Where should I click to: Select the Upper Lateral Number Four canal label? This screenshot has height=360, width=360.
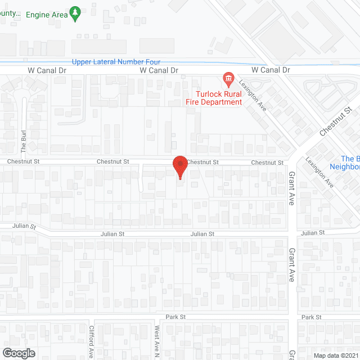pos(116,62)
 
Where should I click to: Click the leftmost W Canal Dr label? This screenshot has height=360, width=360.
pos(47,70)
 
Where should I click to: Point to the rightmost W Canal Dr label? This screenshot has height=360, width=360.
pos(271,70)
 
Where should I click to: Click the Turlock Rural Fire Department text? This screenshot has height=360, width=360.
pos(219,97)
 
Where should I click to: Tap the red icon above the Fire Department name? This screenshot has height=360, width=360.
pos(228,78)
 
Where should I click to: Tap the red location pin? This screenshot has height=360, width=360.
pos(180,165)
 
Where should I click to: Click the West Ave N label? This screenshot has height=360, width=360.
pos(157,342)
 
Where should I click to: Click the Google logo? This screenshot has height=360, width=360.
pos(18,353)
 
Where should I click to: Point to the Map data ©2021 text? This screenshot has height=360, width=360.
pos(336,355)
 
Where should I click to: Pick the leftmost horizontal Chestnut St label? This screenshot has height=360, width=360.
pos(24,161)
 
